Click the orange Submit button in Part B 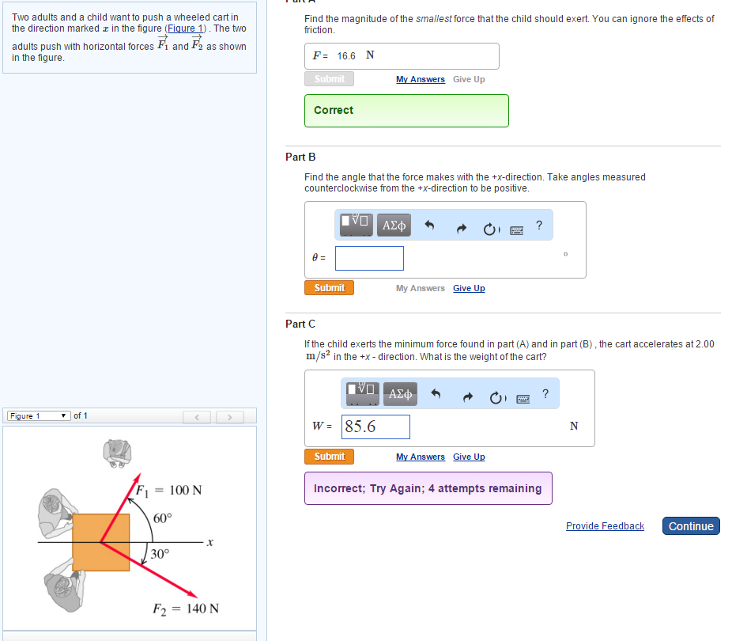point(329,288)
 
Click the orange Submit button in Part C point(329,457)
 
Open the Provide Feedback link point(605,526)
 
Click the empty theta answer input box point(369,258)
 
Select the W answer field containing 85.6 point(375,427)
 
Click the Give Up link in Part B point(469,288)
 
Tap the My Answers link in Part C point(421,457)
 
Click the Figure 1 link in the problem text point(185,28)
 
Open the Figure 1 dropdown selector point(39,415)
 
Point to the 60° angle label point(163,518)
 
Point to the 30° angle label point(160,554)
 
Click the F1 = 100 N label point(169,491)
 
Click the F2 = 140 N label point(186,609)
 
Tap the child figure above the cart point(117,453)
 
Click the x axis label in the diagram point(210,542)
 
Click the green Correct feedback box point(406,111)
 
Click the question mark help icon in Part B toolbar point(539,226)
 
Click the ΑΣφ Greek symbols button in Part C point(400,394)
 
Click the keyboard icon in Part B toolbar point(517,230)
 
